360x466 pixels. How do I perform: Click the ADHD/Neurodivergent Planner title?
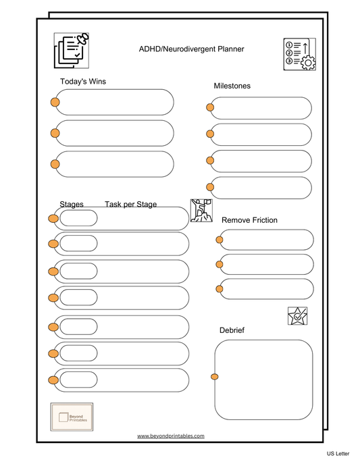point(191,49)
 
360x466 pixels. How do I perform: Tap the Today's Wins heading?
point(83,82)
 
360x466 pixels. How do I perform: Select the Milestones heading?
point(232,86)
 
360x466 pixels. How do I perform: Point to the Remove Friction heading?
point(249,220)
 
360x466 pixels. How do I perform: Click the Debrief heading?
point(232,330)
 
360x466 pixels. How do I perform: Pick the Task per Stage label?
point(131,204)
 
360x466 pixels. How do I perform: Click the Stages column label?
point(72,204)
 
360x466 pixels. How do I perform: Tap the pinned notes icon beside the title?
point(72,51)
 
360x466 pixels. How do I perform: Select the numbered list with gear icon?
point(300,54)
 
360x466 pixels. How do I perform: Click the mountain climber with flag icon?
point(201,211)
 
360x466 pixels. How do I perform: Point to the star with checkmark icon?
point(298,316)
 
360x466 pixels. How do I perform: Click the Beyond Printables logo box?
point(72,417)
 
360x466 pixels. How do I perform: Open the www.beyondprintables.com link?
point(171,436)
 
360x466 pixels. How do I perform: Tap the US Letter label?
point(338,454)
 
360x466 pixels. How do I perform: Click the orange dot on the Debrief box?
point(214,377)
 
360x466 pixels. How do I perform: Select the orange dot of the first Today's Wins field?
point(55,102)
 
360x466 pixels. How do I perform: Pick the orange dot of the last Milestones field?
point(210,187)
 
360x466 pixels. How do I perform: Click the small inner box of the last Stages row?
point(78,380)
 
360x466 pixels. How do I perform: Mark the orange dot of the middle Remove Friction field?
point(220,264)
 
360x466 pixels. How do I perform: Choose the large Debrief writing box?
point(263,380)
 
